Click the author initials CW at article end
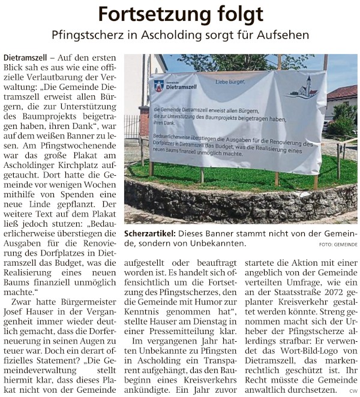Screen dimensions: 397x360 click(x=353, y=391)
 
